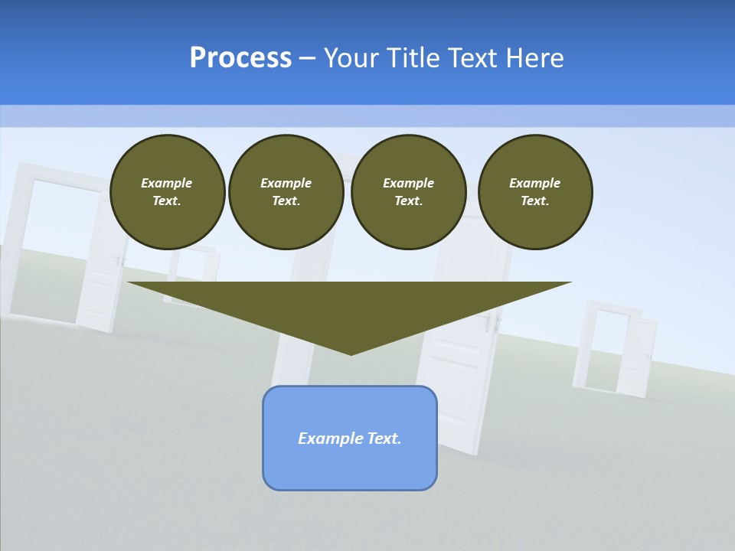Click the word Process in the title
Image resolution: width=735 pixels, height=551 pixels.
(x=240, y=58)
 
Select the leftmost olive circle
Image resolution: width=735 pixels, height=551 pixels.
(x=168, y=192)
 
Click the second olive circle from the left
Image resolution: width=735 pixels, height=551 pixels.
(x=286, y=192)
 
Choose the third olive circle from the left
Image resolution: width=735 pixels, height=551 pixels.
(x=409, y=192)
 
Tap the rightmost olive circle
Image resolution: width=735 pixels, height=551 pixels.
(x=535, y=192)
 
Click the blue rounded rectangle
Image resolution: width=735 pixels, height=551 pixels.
(x=350, y=438)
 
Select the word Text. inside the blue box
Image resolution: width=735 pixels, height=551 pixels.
(x=384, y=439)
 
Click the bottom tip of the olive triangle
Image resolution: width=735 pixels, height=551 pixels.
(x=351, y=354)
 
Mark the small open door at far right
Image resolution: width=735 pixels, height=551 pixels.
(x=616, y=350)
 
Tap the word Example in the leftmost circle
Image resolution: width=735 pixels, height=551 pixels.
(x=167, y=183)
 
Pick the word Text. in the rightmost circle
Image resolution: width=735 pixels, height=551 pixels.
(x=535, y=201)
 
